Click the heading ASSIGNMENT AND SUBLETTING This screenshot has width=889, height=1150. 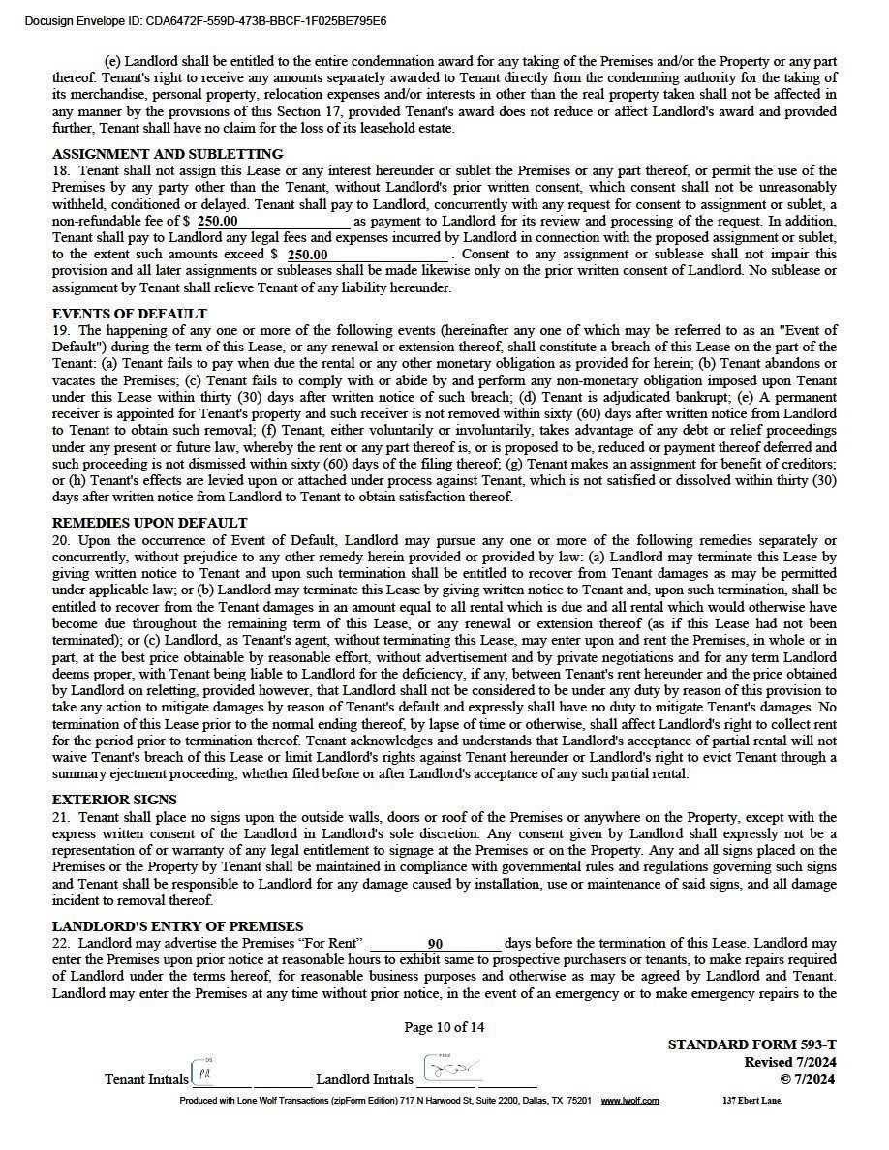pos(168,154)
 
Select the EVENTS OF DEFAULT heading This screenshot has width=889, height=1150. pos(129,314)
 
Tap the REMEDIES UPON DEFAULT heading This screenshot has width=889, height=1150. pos(149,523)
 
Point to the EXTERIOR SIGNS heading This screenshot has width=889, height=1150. pos(114,800)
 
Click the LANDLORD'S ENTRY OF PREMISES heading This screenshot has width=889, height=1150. pos(177,926)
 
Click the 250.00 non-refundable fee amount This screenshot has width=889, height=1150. pos(218,221)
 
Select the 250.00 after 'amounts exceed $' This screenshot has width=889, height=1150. pos(308,255)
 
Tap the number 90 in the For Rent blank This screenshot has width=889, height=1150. pos(435,944)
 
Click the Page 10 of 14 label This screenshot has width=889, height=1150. pos(444,1027)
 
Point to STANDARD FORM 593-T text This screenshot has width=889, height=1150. pos(751,1045)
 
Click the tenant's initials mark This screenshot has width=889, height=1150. pos(203,1073)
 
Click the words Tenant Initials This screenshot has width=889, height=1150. pos(146,1079)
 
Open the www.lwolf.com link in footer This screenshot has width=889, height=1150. pos(629,1101)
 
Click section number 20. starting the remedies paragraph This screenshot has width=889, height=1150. pos(61,540)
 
